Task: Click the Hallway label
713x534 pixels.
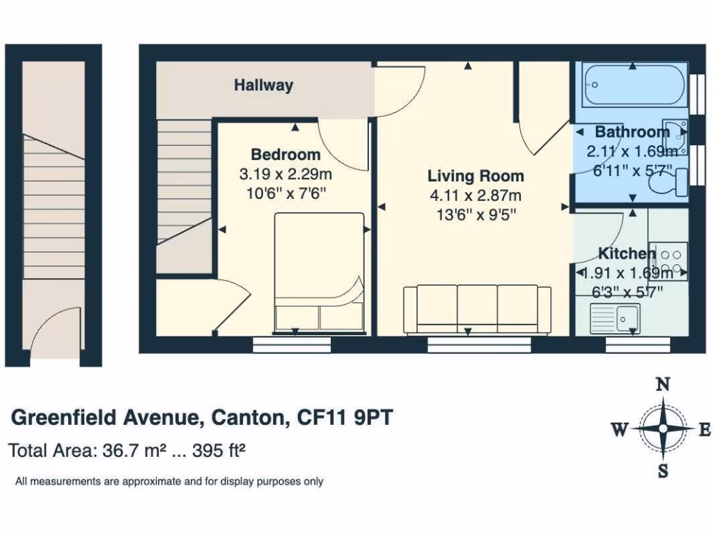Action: coord(263,86)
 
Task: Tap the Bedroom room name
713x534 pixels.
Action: coord(285,154)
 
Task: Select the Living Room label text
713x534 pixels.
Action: coord(476,176)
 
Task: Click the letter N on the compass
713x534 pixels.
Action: coord(664,385)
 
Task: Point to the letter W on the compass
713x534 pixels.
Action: coord(620,430)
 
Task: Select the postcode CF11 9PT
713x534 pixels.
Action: coord(345,418)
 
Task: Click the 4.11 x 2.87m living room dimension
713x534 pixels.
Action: coord(476,196)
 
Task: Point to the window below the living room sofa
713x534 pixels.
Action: coord(479,343)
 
